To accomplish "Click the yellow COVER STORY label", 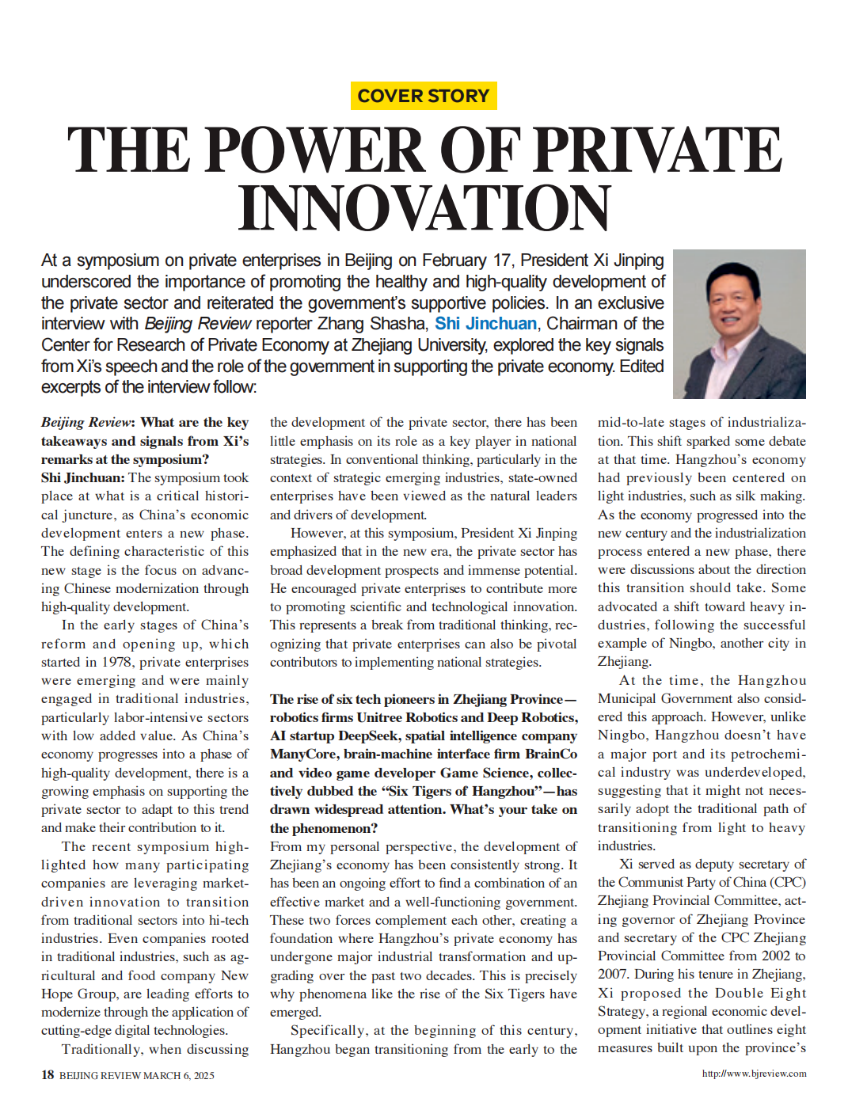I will (x=424, y=96).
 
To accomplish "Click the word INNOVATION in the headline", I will (x=424, y=208).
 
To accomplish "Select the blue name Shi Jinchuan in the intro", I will (x=485, y=324).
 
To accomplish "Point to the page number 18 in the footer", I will (x=48, y=1074).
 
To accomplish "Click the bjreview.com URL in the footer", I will (x=754, y=1074).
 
